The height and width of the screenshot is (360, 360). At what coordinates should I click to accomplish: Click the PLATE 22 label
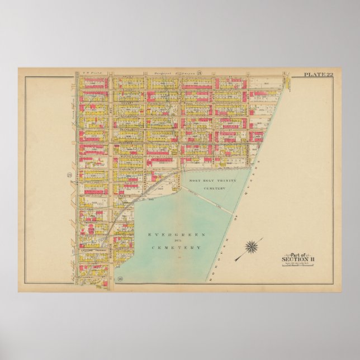coord(317,74)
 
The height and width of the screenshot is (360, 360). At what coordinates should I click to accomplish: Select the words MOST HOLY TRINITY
coord(210,180)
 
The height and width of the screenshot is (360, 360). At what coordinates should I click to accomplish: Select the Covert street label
coord(129,104)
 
